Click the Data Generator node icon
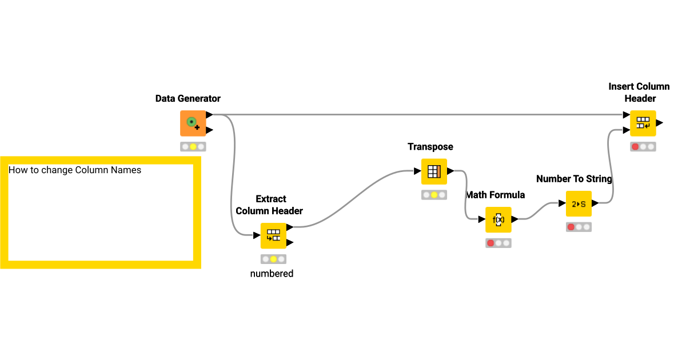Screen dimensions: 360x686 tap(193, 123)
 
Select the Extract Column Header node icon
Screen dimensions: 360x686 tap(273, 235)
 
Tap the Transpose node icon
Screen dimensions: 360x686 tap(434, 171)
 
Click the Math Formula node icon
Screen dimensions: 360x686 tap(498, 219)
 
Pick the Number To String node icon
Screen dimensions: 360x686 tap(579, 203)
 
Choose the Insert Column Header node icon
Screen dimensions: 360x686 tap(643, 123)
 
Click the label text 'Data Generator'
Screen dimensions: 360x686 tap(188, 98)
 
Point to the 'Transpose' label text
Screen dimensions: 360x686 tap(430, 147)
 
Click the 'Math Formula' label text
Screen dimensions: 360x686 tap(496, 195)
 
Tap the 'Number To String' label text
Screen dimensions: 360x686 tap(574, 179)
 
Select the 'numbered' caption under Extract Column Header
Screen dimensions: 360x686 tap(272, 274)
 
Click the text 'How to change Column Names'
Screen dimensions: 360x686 tap(75, 170)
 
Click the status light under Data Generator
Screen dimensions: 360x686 tap(193, 147)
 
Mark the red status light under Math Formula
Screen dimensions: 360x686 tap(490, 243)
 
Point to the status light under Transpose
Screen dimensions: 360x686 tap(434, 195)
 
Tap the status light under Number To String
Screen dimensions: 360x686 tap(571, 227)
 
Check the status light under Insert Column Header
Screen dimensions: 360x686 tap(635, 147)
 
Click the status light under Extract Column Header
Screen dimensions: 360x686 tap(273, 259)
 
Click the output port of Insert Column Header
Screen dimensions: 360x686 tap(660, 123)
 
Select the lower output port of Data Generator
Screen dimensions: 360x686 tap(209, 130)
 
